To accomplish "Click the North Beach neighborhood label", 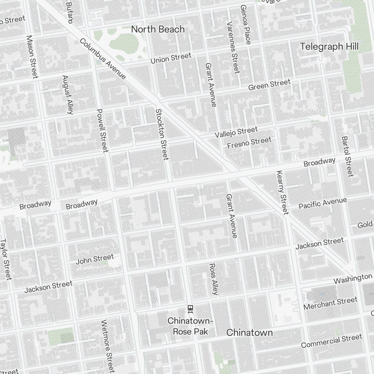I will pos(158,29).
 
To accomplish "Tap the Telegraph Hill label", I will pos(329,46).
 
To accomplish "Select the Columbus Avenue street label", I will pos(102,59).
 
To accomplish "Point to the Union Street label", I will pos(171,58).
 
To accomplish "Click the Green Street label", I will pos(269,85).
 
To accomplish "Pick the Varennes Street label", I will pos(233,47).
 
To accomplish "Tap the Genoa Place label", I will pos(245,25).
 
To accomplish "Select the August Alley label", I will pos(68,94).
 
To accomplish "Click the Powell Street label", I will pos(102,131).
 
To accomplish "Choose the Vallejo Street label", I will pos(236,132).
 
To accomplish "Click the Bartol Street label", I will pos(347,156).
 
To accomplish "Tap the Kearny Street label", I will pos(282,193).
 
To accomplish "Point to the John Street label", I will pos(95,259).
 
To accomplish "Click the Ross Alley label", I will pos(213,279).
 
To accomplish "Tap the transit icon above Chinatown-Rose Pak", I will pos(190,309).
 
